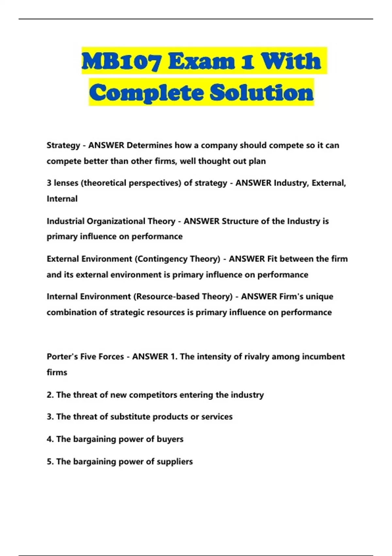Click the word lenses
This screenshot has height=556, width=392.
point(67,183)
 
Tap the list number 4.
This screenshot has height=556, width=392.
point(50,439)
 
